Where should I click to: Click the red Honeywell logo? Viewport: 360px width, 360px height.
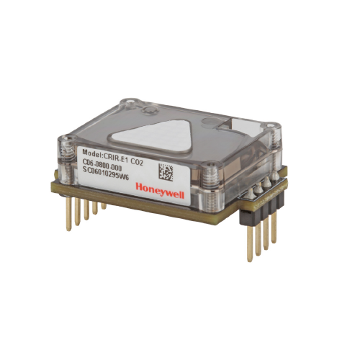coord(160,191)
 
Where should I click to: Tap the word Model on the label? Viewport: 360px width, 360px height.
coord(92,153)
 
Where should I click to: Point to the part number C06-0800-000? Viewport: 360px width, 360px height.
coord(102,165)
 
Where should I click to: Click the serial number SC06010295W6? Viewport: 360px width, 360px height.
coord(106,174)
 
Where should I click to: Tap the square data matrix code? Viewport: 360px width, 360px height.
coord(166,172)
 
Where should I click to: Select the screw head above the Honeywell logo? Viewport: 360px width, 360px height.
coord(210,166)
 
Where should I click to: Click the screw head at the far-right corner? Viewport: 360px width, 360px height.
coord(271,126)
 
